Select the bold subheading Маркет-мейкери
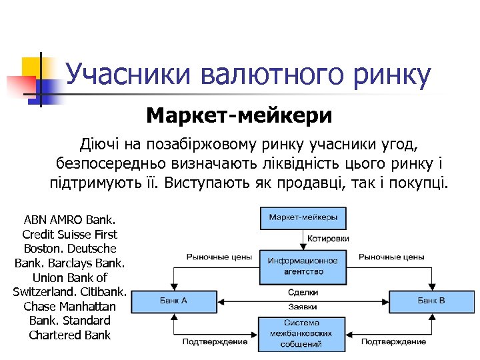pyautogui.click(x=239, y=115)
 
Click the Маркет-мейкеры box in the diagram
pyautogui.click(x=303, y=217)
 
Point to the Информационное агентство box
pyautogui.click(x=303, y=266)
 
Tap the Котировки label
pyautogui.click(x=327, y=239)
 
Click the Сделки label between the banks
pyautogui.click(x=303, y=292)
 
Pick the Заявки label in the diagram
pyautogui.click(x=303, y=307)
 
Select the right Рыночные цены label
pyautogui.click(x=391, y=257)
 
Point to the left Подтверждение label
pyautogui.click(x=215, y=341)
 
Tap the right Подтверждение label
pyautogui.click(x=393, y=341)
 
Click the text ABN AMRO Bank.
pyautogui.click(x=69, y=219)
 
